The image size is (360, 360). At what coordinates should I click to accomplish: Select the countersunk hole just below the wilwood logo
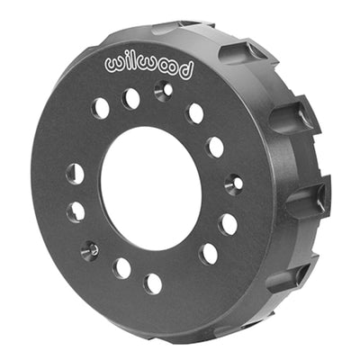(x=162, y=90)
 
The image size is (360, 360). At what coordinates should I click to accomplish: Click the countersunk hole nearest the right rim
(x=233, y=184)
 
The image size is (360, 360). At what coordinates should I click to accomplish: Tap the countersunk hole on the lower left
(x=90, y=250)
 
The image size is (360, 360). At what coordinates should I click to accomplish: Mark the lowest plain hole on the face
(x=153, y=283)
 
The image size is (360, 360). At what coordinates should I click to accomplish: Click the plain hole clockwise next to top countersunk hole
(x=194, y=113)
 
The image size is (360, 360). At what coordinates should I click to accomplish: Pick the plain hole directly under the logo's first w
(x=101, y=107)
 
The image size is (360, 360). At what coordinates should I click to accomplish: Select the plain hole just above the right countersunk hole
(x=215, y=147)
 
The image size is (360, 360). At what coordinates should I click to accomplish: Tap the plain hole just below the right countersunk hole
(x=229, y=223)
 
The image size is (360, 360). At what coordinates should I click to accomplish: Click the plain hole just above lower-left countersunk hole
(x=76, y=211)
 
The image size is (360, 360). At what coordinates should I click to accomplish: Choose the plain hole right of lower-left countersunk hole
(x=121, y=268)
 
